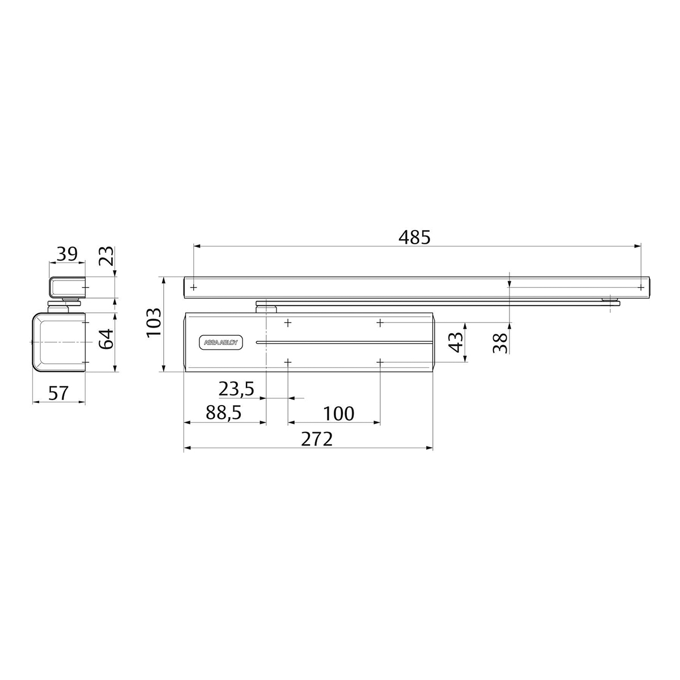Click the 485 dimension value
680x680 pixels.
click(x=414, y=237)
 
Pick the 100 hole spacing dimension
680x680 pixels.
click(x=338, y=413)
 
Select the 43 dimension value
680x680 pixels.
click(x=456, y=342)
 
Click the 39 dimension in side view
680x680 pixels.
click(x=67, y=254)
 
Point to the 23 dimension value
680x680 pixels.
click(x=107, y=256)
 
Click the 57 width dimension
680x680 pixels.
click(x=58, y=393)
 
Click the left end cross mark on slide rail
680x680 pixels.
click(x=194, y=287)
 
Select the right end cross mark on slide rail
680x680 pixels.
click(x=641, y=287)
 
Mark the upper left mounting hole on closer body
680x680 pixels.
click(x=288, y=322)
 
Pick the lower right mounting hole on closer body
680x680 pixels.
click(x=380, y=362)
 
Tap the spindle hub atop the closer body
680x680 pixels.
click(x=266, y=308)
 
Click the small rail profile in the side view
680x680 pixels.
click(x=67, y=287)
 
